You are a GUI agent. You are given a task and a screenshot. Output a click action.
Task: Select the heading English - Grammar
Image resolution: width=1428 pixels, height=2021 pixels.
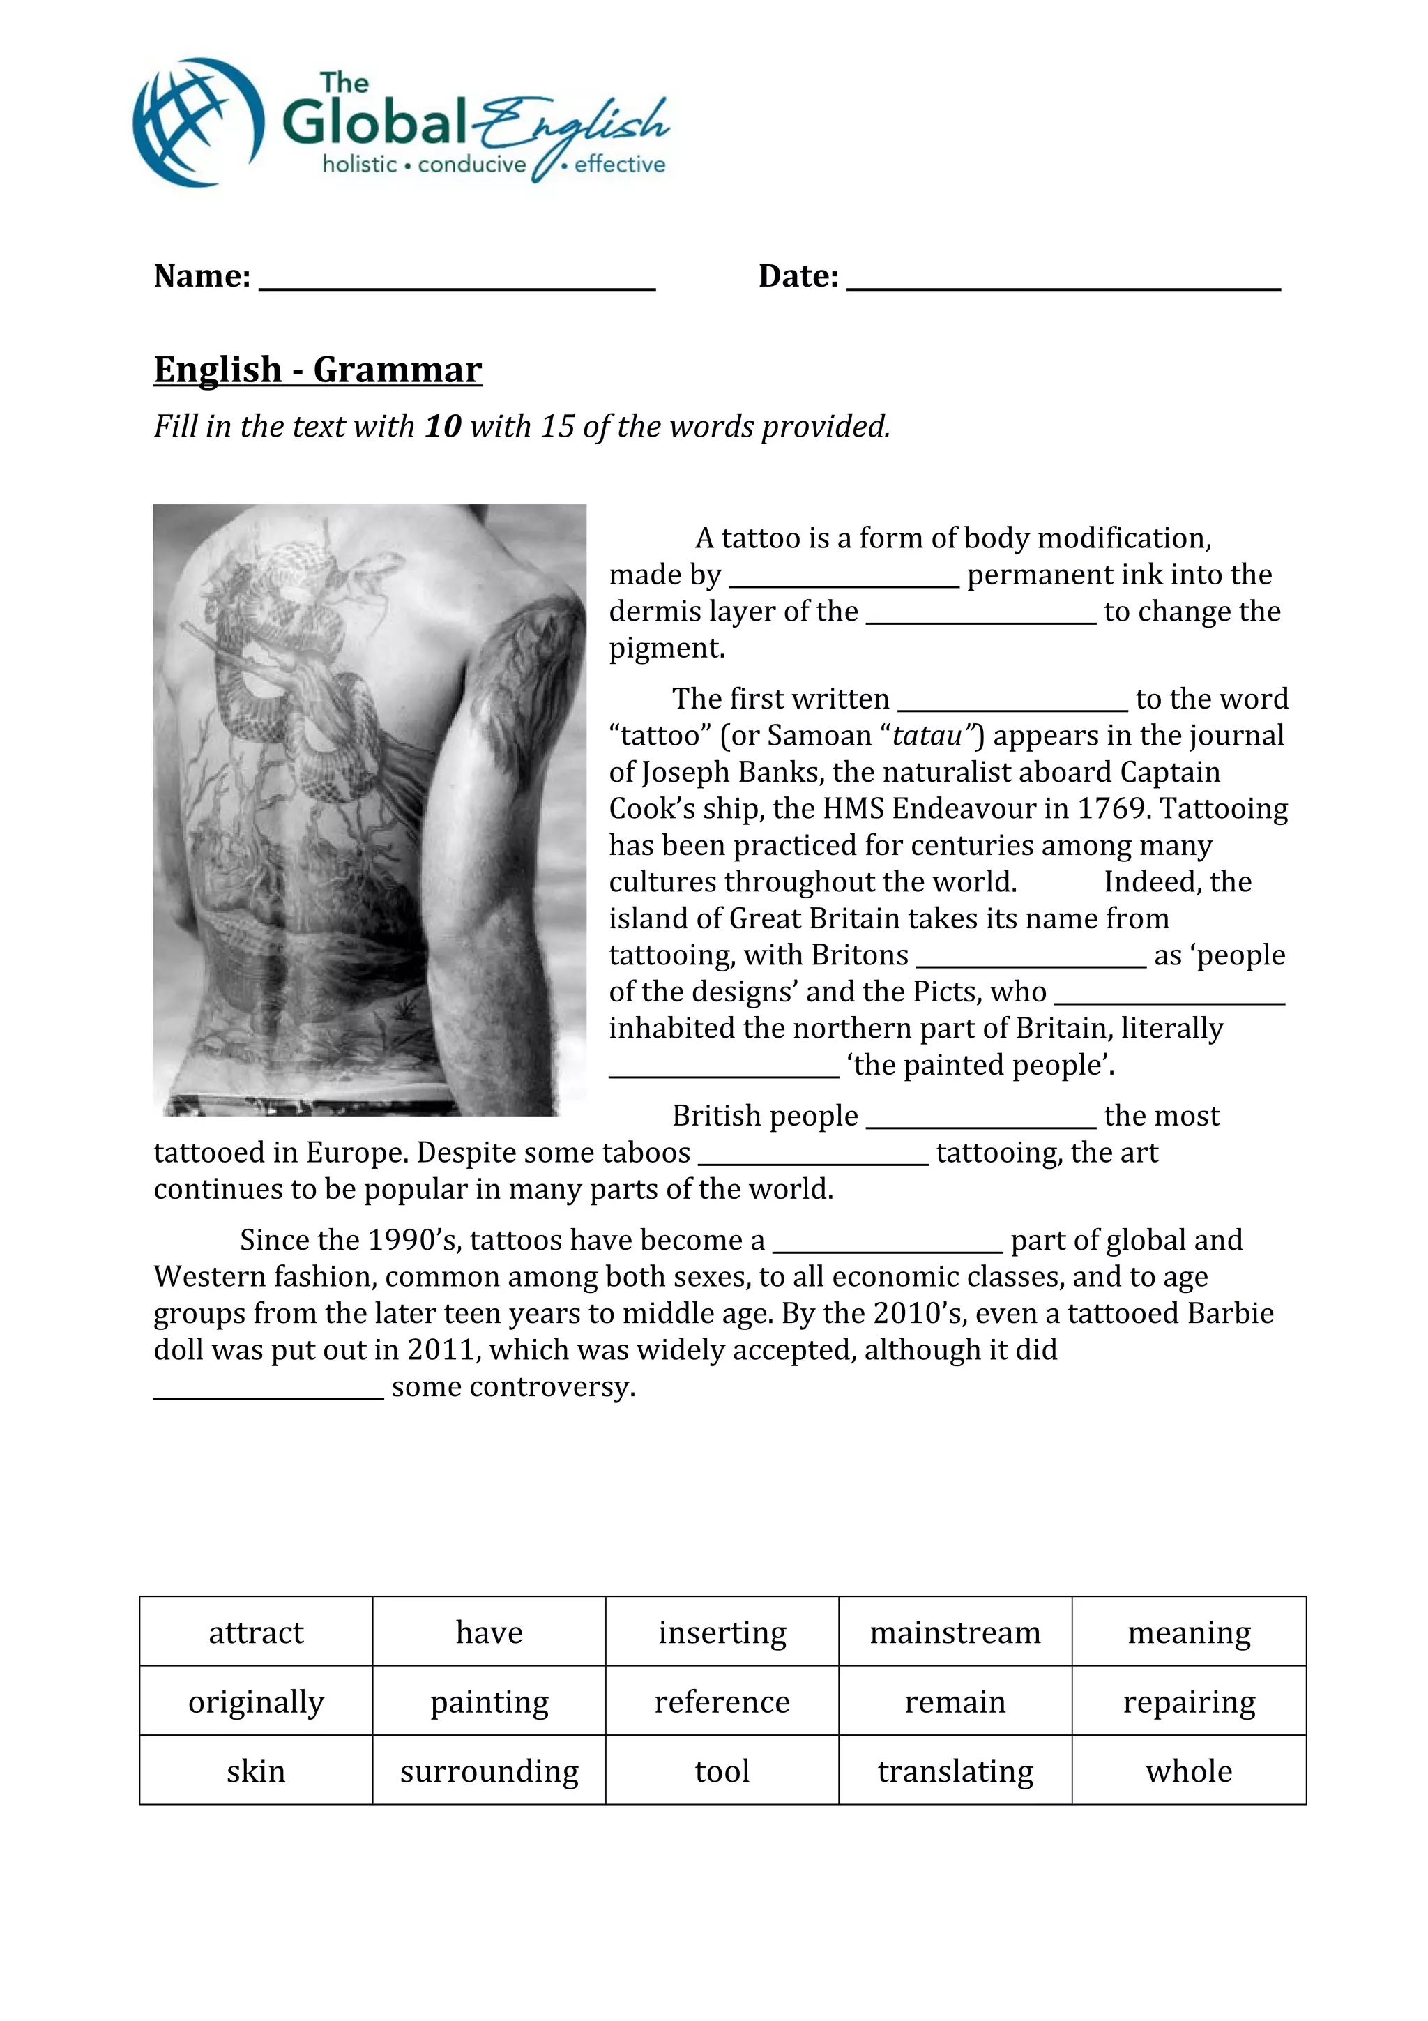318,370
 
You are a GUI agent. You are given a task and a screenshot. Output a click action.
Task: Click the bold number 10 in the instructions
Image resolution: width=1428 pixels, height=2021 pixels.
443,427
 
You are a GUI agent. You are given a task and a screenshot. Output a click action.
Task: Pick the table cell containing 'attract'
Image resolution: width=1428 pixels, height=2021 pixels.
256,1632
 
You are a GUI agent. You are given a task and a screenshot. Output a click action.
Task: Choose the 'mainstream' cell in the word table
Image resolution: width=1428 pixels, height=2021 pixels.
955,1632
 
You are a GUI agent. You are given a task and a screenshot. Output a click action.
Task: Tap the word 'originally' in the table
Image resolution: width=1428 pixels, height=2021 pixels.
256,1702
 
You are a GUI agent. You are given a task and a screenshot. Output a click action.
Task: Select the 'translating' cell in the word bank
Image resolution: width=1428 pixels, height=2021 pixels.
955,1771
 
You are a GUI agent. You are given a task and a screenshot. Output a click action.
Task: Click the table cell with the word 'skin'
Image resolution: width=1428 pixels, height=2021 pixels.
256,1771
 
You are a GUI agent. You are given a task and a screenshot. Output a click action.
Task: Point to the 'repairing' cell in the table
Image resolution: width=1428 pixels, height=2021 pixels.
1189,1702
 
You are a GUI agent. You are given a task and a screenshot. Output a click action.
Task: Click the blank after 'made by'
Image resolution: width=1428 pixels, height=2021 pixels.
844,581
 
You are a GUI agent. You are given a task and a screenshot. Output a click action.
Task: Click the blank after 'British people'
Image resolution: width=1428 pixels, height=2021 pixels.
980,1122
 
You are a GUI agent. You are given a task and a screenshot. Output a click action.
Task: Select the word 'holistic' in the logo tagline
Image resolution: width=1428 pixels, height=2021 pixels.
360,165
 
